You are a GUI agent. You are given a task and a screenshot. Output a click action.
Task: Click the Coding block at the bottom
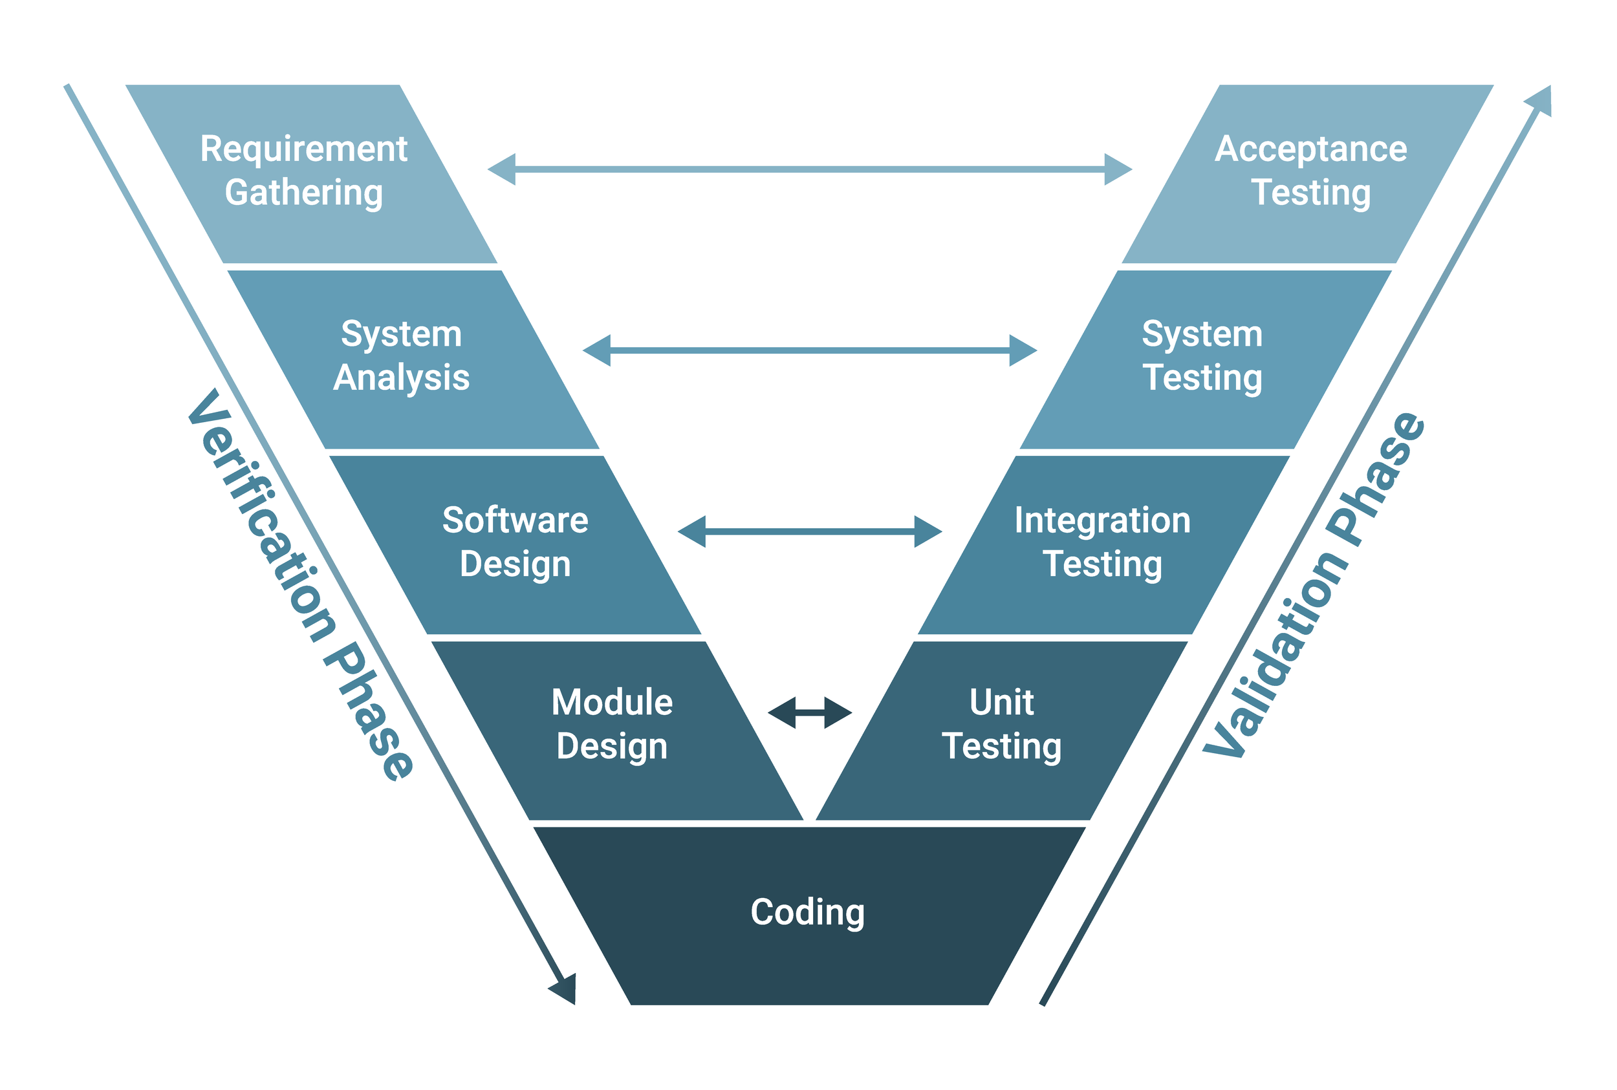807,912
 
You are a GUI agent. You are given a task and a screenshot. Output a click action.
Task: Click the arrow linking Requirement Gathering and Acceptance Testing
810,169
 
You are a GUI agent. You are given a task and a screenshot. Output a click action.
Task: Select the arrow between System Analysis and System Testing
810,351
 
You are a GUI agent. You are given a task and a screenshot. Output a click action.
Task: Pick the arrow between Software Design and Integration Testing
810,532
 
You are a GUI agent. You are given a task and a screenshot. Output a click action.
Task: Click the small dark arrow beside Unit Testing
810,712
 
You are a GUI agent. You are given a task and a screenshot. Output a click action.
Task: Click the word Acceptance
1310,149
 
